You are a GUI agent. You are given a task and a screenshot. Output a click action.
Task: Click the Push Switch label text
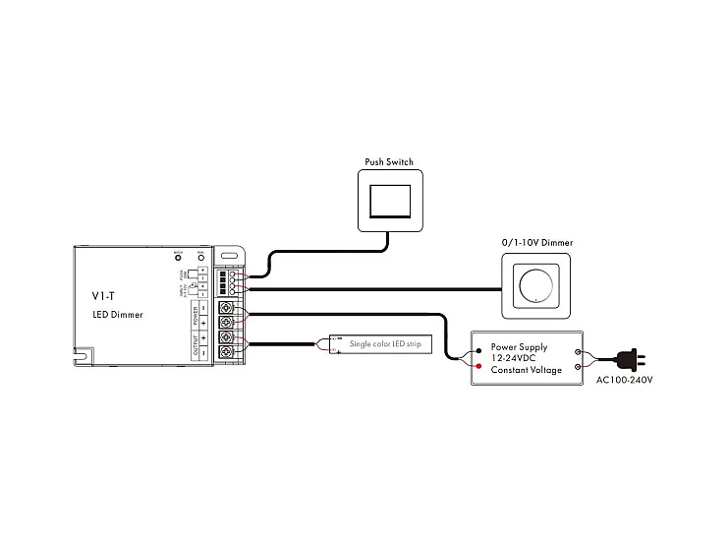[390, 161]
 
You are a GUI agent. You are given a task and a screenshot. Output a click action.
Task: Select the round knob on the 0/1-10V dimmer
[536, 285]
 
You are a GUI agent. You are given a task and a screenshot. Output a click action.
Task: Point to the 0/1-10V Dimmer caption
[536, 242]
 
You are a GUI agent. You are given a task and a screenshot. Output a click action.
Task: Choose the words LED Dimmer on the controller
[117, 315]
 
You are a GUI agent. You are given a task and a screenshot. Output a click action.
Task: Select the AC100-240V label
[624, 379]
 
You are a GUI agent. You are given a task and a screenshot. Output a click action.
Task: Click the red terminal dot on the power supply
[478, 365]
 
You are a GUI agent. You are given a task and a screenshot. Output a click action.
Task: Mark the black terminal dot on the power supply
[478, 348]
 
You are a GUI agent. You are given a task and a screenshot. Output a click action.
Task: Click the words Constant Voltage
[527, 370]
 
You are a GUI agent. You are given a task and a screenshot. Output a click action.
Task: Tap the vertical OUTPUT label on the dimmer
[196, 345]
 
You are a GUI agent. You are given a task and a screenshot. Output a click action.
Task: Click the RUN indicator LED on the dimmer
[200, 258]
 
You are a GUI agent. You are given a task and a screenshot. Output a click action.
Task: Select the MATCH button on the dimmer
[179, 258]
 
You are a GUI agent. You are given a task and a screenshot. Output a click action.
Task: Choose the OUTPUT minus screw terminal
[226, 352]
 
